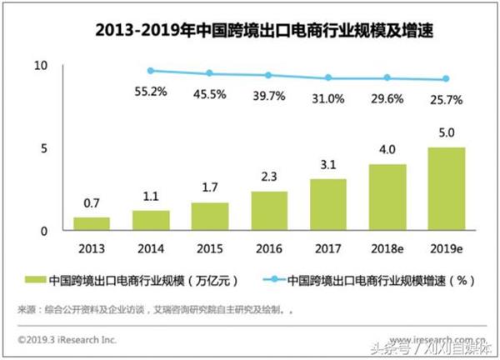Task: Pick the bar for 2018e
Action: [x=388, y=197]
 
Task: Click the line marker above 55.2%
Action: [x=150, y=71]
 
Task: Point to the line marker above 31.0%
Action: [x=328, y=77]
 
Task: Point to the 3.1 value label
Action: [x=328, y=167]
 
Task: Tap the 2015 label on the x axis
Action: [x=209, y=247]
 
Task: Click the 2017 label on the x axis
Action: [x=328, y=247]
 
